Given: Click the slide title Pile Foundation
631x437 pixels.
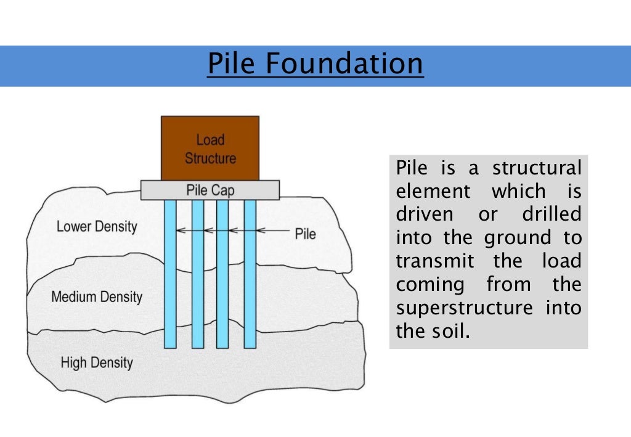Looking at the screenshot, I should pyautogui.click(x=315, y=64).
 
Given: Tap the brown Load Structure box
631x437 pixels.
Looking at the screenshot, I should pyautogui.click(x=210, y=148).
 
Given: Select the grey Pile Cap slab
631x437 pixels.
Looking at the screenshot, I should pyautogui.click(x=210, y=190).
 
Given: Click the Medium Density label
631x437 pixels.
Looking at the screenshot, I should pyautogui.click(x=97, y=297).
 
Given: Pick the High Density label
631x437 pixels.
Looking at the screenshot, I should pyautogui.click(x=97, y=362).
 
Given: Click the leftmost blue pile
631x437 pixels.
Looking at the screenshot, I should pyautogui.click(x=170, y=277).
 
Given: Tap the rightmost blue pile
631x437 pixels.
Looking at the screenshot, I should pyautogui.click(x=250, y=277).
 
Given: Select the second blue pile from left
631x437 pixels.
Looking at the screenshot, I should pyautogui.click(x=197, y=277).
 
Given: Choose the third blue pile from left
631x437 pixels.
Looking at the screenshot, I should pyautogui.click(x=222, y=277).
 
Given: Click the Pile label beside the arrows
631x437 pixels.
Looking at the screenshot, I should pyautogui.click(x=306, y=234).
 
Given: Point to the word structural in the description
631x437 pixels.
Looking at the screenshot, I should pyautogui.click(x=537, y=168).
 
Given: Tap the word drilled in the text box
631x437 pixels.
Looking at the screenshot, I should pyautogui.click(x=552, y=214).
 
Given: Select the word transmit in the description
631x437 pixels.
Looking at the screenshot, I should pyautogui.click(x=435, y=261).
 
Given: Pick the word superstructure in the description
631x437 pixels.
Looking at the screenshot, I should pyautogui.click(x=464, y=308).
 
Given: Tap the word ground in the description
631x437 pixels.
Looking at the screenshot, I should pyautogui.click(x=517, y=238).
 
